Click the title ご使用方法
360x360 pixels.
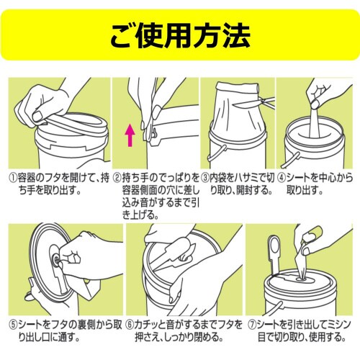(x=180, y=32)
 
